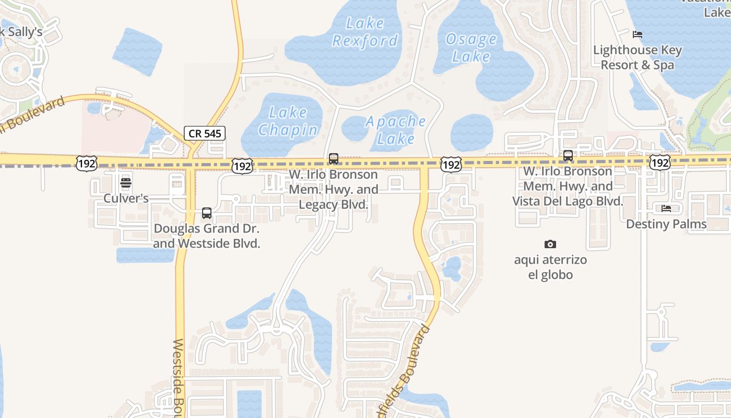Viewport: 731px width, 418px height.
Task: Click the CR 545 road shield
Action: click(205, 133)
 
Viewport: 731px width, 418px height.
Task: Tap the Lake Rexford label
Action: click(365, 32)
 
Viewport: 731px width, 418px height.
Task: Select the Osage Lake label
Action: click(471, 48)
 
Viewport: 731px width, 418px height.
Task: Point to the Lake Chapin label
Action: click(288, 121)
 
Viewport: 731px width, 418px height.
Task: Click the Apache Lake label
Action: click(396, 130)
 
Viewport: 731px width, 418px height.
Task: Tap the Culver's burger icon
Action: click(125, 183)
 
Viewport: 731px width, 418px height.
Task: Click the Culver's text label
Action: click(126, 199)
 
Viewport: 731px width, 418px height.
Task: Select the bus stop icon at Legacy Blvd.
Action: click(333, 158)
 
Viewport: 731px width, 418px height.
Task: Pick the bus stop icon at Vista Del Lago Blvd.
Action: click(568, 155)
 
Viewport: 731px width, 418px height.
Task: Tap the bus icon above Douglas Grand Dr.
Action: click(207, 213)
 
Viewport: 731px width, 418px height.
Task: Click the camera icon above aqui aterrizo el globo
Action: click(550, 244)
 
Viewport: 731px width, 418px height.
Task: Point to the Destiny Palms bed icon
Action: click(666, 208)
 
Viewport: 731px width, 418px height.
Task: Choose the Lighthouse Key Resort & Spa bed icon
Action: click(637, 34)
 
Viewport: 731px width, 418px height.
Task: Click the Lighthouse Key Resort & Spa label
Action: click(638, 57)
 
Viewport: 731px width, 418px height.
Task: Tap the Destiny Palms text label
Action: click(666, 224)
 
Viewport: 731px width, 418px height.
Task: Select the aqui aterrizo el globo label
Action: click(550, 267)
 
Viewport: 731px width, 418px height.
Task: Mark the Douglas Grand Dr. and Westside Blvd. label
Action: click(207, 236)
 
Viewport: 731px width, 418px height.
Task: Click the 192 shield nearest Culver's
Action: click(86, 164)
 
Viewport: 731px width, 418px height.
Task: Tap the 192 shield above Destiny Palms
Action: click(660, 163)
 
